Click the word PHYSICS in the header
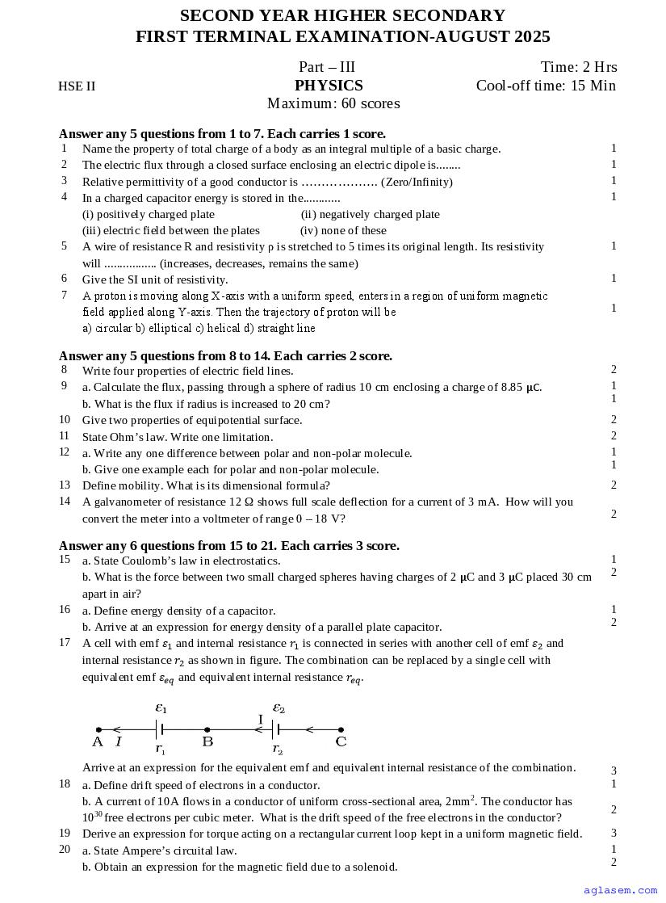[x=329, y=86]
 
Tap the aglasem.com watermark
[x=620, y=890]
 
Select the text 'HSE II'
[x=77, y=86]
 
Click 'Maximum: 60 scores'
[x=333, y=103]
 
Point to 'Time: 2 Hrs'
[x=579, y=67]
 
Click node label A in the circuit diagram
[x=98, y=741]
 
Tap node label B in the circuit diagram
[x=207, y=741]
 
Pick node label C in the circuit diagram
[x=341, y=741]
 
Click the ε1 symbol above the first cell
[x=161, y=708]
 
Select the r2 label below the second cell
[x=277, y=750]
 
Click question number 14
[x=65, y=502]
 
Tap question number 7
[x=64, y=296]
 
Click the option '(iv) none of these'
[x=343, y=230]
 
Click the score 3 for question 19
[x=614, y=834]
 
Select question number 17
[x=65, y=643]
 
